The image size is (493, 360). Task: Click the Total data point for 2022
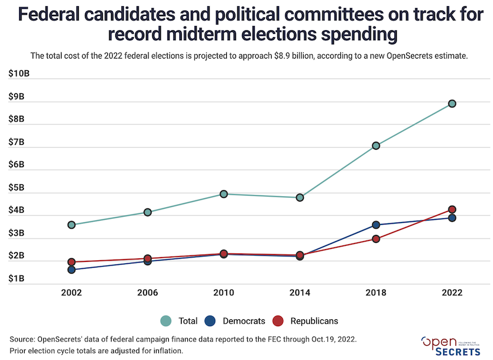click(x=452, y=104)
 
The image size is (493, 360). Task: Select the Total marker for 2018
click(x=376, y=145)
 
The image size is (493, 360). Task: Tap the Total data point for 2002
click(x=71, y=225)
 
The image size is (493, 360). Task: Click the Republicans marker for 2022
click(x=452, y=210)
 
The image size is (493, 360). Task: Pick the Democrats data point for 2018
click(x=376, y=225)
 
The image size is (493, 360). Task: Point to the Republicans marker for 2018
click(x=376, y=239)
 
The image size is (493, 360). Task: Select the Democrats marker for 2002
click(x=71, y=269)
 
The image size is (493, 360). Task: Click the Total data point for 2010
click(x=224, y=194)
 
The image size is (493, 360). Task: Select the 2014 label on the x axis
click(x=299, y=293)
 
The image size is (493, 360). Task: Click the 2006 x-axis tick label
click(x=148, y=293)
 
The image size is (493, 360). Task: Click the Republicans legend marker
click(x=278, y=321)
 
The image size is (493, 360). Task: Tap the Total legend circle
click(x=166, y=321)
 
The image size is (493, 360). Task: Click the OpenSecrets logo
click(x=451, y=346)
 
